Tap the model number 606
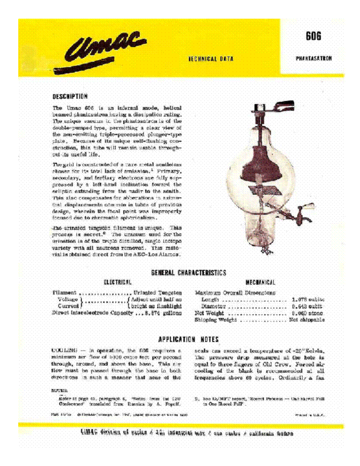pyautogui.click(x=313, y=37)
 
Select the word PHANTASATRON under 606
pyautogui.click(x=313, y=59)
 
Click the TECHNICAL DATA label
pyautogui.click(x=211, y=59)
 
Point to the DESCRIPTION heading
pyautogui.click(x=70, y=96)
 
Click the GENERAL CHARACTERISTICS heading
pyautogui.click(x=189, y=273)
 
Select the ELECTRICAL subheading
pyautogui.click(x=117, y=282)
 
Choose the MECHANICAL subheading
pyautogui.click(x=260, y=282)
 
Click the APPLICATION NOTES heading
pyautogui.click(x=189, y=339)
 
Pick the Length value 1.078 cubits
pyautogui.click(x=308, y=300)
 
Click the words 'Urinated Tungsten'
pyautogui.click(x=158, y=293)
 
